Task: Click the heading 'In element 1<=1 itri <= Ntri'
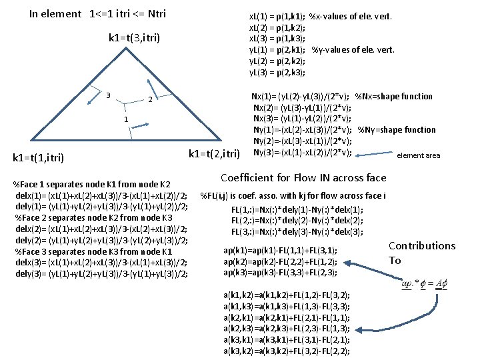[97, 13]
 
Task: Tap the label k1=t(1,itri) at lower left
[39, 158]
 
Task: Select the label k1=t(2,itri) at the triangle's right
[214, 155]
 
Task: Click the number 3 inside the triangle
[108, 94]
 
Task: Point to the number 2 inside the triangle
[151, 100]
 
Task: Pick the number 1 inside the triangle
[126, 119]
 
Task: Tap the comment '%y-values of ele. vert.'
[353, 49]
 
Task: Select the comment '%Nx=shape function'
[394, 96]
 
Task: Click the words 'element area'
[418, 155]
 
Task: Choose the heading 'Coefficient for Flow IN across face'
[303, 178]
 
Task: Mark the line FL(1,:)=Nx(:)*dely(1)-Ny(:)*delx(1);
[289, 210]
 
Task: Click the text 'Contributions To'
[421, 253]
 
